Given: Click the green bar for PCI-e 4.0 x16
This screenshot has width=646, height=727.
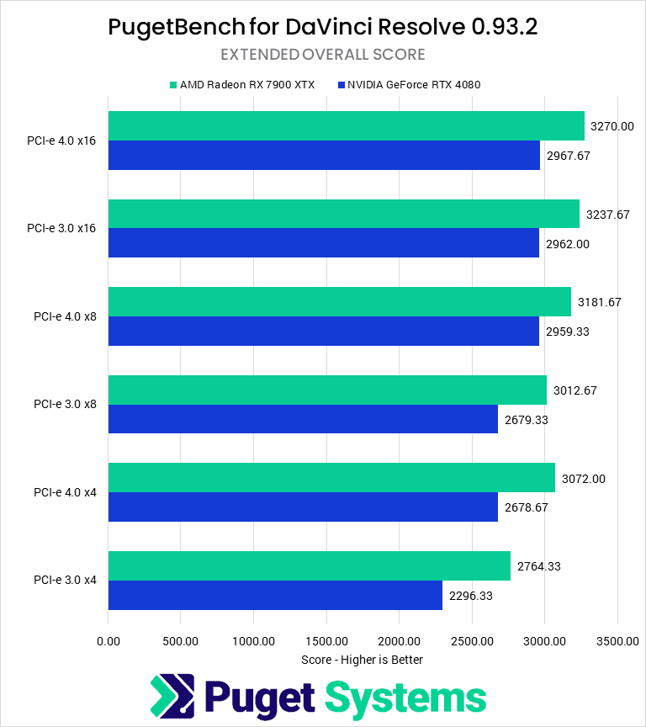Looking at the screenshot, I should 346,125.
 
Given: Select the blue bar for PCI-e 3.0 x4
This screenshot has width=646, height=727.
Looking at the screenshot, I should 275,596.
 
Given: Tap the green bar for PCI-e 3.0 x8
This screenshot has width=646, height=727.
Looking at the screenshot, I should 327,390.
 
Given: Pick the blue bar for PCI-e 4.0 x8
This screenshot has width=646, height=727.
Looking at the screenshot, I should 324,332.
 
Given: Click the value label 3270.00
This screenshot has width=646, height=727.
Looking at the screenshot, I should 612,126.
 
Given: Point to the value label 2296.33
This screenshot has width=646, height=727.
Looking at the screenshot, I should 470,596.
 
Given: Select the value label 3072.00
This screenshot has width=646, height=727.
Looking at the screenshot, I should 583,479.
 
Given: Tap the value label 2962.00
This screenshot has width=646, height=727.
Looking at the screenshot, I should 567,243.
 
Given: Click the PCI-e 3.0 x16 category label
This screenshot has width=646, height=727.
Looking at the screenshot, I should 61,228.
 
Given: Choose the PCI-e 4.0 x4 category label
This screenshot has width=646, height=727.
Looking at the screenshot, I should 65,492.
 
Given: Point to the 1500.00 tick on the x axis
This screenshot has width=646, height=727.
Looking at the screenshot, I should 326,641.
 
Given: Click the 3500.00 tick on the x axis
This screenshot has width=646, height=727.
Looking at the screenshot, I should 617,641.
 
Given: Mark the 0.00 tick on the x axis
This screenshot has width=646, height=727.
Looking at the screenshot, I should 109,641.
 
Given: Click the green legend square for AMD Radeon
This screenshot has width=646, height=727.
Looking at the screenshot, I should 172,85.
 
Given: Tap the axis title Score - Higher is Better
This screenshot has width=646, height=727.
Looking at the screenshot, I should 362,660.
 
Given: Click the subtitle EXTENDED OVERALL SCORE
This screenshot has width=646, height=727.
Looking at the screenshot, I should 323,55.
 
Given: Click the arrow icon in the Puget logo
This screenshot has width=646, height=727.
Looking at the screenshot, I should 172,696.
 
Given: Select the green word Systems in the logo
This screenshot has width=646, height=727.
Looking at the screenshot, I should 405,698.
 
